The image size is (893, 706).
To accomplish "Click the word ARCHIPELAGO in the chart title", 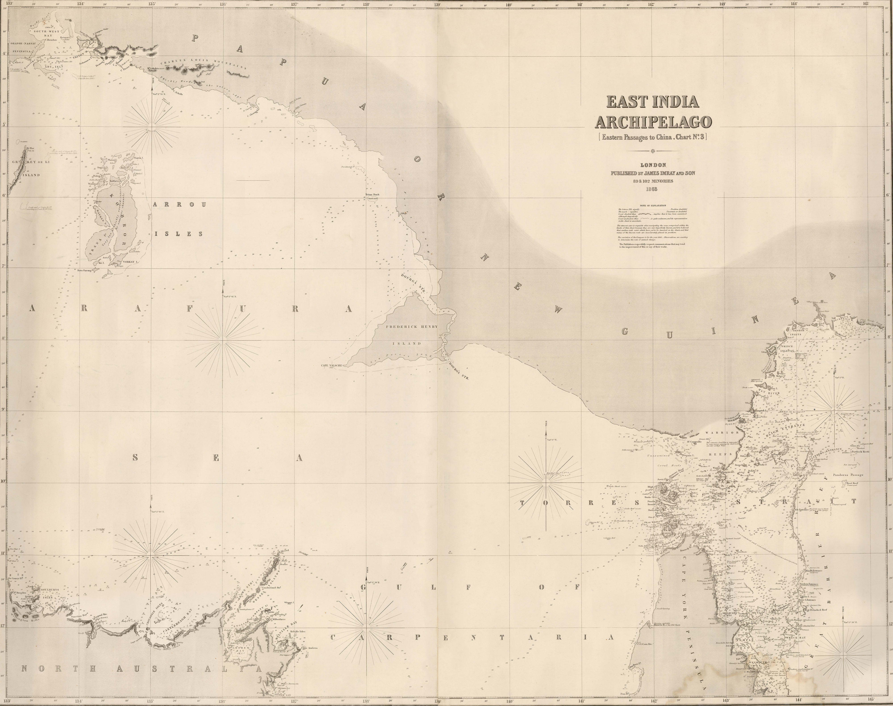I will click(653, 122).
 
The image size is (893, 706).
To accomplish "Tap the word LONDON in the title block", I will click(653, 165).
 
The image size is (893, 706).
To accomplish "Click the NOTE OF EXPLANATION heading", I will click(653, 205).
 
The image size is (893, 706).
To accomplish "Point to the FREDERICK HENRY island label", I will click(412, 327).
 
